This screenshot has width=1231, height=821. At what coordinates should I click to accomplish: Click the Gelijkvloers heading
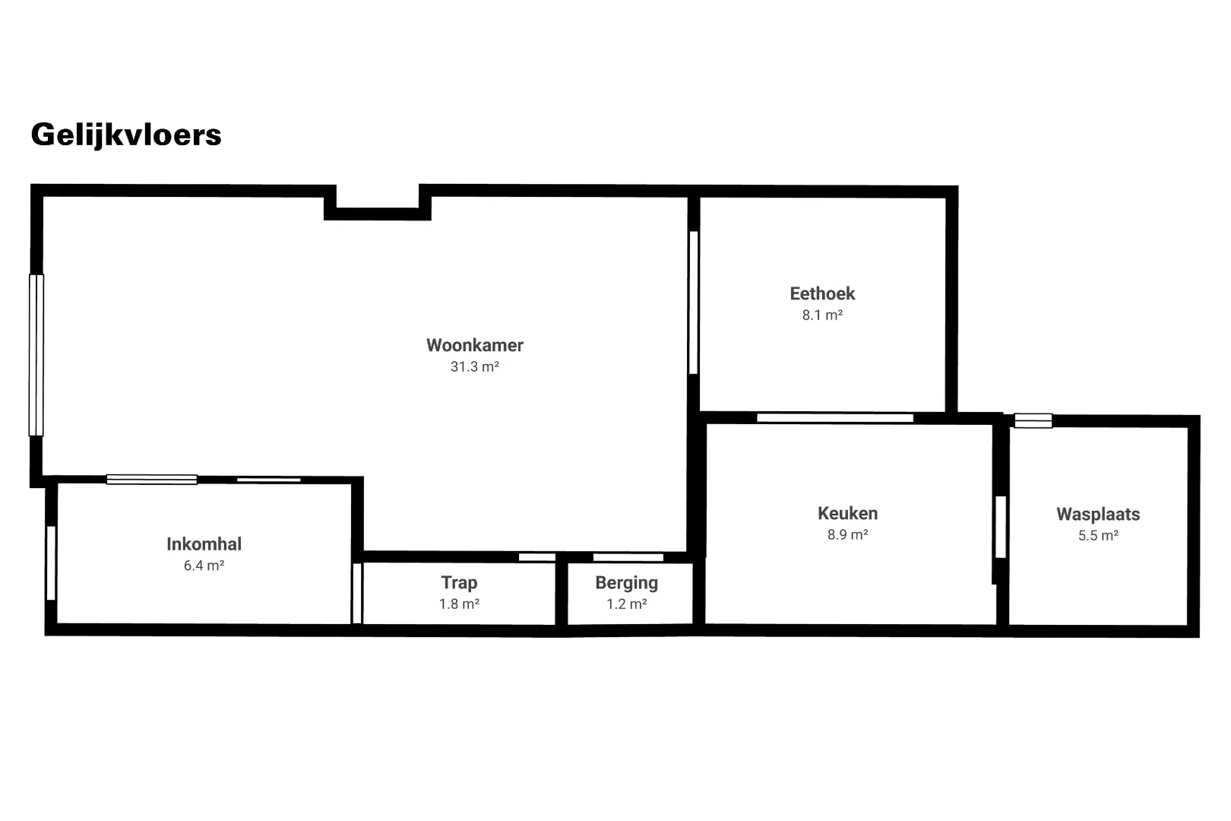click(x=126, y=135)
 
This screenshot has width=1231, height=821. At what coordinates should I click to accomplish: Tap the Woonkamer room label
click(x=475, y=345)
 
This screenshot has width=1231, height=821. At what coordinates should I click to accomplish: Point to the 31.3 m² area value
click(x=475, y=366)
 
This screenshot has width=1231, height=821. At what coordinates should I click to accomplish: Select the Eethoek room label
click(x=822, y=293)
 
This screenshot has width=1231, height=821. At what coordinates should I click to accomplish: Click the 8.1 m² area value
click(x=822, y=315)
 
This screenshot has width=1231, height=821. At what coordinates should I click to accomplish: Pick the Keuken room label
click(x=847, y=514)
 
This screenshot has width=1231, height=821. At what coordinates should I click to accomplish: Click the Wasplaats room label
click(x=1098, y=515)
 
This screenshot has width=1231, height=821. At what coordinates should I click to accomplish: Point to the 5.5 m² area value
click(x=1098, y=536)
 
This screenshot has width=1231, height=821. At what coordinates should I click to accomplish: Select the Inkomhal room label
click(x=204, y=544)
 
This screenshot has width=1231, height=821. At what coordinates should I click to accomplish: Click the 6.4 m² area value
click(x=204, y=566)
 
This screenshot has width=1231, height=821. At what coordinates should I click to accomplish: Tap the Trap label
click(x=459, y=583)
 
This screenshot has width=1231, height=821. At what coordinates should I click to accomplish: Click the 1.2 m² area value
click(x=626, y=604)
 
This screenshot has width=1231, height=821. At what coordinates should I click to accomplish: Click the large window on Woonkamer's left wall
click(x=36, y=355)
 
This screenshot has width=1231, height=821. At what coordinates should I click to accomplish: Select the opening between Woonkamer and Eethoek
click(x=694, y=303)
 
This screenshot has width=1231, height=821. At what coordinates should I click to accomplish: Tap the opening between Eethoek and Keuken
click(x=835, y=418)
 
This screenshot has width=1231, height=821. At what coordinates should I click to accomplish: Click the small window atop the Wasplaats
click(x=1033, y=420)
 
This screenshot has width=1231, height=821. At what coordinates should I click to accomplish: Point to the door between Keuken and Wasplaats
click(x=1001, y=527)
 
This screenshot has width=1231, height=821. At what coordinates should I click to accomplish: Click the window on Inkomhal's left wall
click(x=51, y=563)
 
